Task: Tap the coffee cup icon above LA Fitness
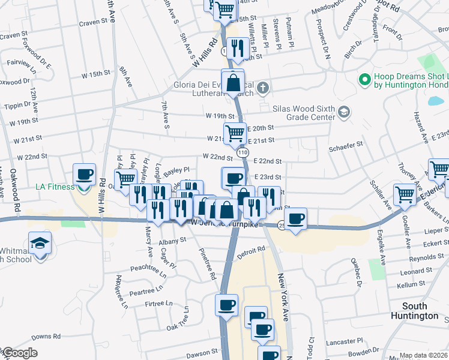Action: coord(84,175)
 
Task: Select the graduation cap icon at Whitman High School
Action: coord(40,244)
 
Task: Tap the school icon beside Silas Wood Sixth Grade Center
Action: coord(343,112)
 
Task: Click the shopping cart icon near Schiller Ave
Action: coord(405,194)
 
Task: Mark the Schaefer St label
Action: coord(348,144)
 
